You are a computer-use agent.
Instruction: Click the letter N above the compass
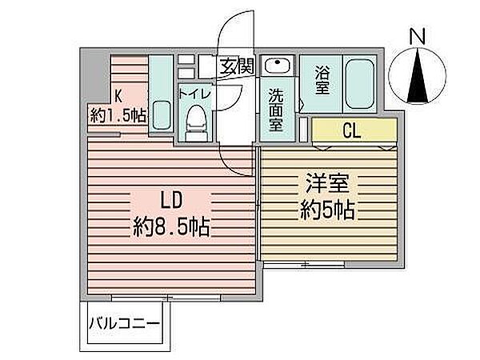[x=417, y=37]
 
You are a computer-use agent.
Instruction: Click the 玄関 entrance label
[x=237, y=66]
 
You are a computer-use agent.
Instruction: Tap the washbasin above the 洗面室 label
[x=277, y=66]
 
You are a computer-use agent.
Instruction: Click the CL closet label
[x=351, y=130]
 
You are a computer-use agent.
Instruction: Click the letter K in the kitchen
[x=118, y=95]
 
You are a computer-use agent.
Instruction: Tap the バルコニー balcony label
[x=124, y=325]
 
